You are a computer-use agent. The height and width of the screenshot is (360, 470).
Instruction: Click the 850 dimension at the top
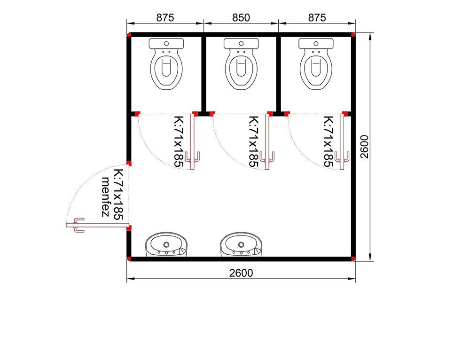point(241,18)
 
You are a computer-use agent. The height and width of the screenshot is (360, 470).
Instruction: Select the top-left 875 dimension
point(165,18)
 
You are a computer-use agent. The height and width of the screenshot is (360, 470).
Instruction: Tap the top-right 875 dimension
point(317,18)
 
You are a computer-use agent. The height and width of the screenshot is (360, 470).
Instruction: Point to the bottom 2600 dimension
point(241,273)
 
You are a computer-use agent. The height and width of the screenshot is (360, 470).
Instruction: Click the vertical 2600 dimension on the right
point(364,147)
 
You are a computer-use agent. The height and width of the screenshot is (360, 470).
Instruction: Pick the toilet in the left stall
point(166,63)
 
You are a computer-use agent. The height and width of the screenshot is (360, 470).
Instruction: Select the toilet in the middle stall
point(241,63)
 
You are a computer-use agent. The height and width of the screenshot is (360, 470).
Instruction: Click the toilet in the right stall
point(316,63)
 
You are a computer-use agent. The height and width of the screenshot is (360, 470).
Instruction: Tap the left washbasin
point(167,245)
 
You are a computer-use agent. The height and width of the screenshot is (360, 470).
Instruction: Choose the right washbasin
point(241,245)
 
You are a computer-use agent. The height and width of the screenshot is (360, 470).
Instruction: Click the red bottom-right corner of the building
point(353,259)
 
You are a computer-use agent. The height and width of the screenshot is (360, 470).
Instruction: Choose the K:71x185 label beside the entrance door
point(119,195)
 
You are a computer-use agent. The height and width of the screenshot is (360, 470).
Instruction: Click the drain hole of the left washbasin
point(166,244)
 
